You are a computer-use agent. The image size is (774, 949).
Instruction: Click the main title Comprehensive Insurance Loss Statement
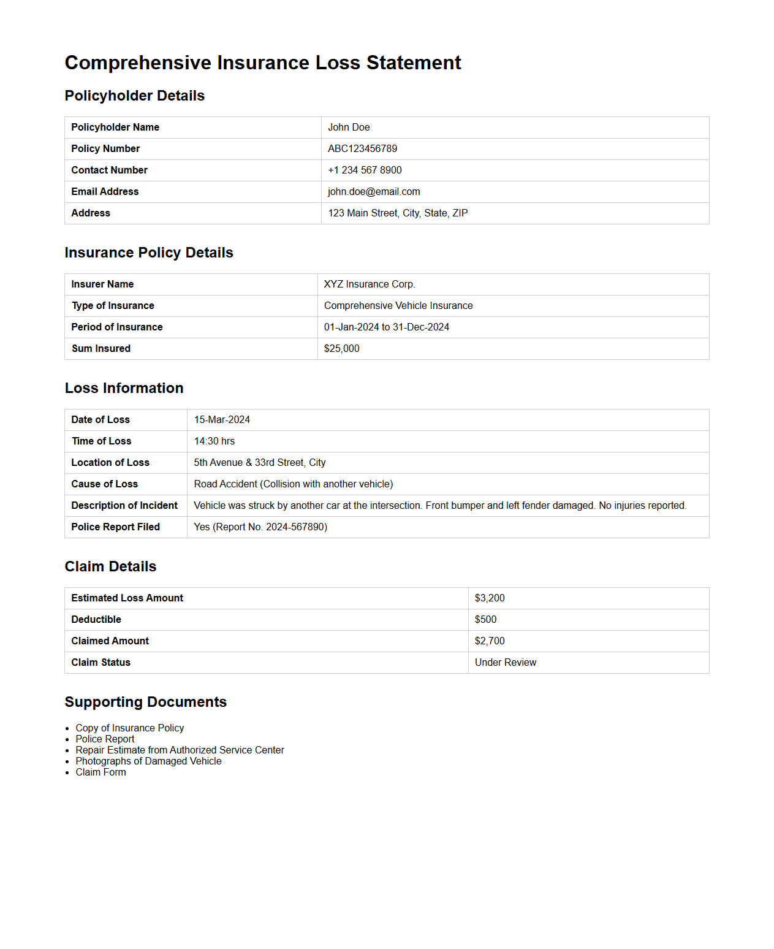pos(263,63)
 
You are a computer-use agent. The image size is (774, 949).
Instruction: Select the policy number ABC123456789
pos(362,148)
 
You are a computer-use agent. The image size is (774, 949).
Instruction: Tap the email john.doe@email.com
pos(374,191)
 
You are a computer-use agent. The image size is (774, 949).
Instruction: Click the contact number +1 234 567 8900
pos(365,170)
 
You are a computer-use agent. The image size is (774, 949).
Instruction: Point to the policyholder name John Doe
pos(349,127)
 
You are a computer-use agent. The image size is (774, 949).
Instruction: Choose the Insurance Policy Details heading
pos(149,253)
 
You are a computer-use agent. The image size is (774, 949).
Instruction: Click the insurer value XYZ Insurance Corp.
pos(370,284)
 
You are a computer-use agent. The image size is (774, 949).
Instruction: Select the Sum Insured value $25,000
pos(341,348)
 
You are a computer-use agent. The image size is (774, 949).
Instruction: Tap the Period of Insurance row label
pos(117,327)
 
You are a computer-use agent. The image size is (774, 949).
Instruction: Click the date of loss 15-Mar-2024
pos(222,419)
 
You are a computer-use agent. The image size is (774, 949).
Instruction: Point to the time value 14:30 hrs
pos(214,441)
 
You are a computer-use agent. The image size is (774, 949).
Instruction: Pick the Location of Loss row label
pos(110,462)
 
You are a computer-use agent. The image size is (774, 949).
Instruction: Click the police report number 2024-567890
pos(296,527)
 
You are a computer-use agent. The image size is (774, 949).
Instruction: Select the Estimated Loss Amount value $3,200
pos(490,598)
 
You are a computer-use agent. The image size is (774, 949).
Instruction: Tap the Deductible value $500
pos(485,619)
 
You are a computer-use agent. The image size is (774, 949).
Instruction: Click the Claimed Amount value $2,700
pos(490,641)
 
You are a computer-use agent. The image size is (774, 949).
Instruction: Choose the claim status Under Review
pos(506,662)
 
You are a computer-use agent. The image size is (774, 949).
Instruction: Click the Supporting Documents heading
pos(146,702)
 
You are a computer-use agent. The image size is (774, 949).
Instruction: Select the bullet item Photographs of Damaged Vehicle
pos(148,761)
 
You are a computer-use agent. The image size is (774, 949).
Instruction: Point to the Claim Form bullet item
pos(101,772)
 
